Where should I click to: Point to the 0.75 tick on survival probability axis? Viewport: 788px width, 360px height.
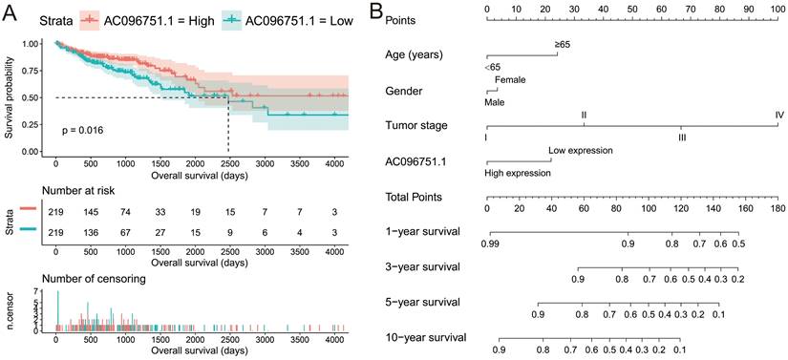[39, 70]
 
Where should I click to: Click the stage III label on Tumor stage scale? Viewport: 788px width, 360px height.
[681, 138]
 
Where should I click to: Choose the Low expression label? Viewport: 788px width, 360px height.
[581, 151]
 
